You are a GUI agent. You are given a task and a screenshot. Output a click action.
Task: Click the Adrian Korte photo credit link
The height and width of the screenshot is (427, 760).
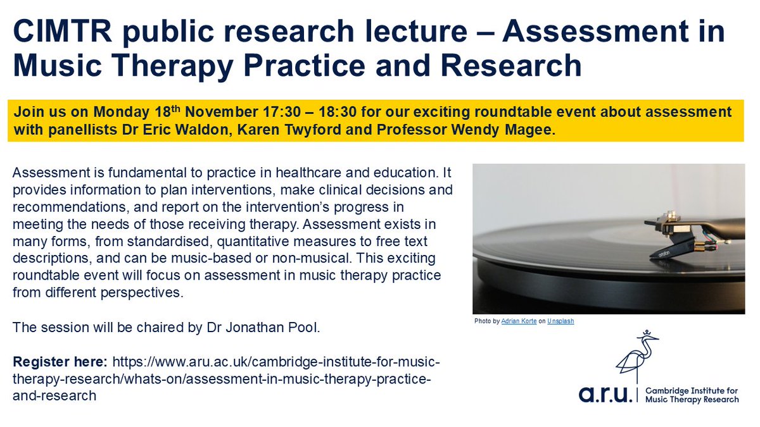518,321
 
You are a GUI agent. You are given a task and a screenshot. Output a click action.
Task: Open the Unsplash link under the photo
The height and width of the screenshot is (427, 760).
560,321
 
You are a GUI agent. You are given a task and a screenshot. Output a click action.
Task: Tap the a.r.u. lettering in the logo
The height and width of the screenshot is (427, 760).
605,394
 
